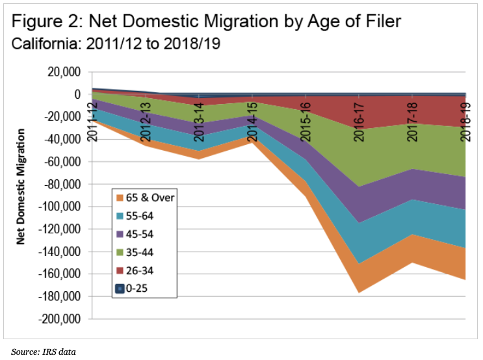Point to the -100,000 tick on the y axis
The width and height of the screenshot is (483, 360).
[60, 207]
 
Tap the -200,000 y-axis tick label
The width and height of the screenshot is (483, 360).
[60, 319]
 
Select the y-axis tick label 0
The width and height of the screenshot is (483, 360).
[77, 95]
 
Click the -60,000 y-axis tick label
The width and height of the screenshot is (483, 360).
[63, 162]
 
